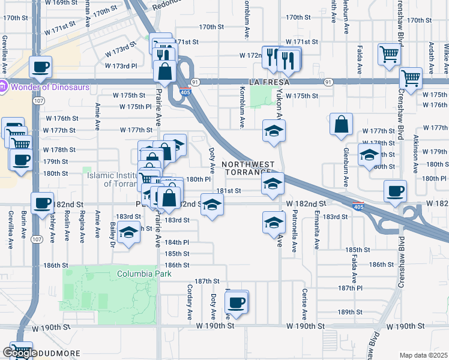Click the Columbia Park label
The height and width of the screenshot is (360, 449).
tap(144, 274)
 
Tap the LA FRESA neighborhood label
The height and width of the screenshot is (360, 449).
tap(267, 81)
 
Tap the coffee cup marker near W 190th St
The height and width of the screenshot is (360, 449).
tap(237, 302)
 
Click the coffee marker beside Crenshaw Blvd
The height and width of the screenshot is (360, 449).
tap(396, 191)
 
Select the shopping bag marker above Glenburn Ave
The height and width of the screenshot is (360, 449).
tap(341, 125)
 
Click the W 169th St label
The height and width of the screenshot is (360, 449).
tap(64, 2)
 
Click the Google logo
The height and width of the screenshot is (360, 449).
tap(20, 353)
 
